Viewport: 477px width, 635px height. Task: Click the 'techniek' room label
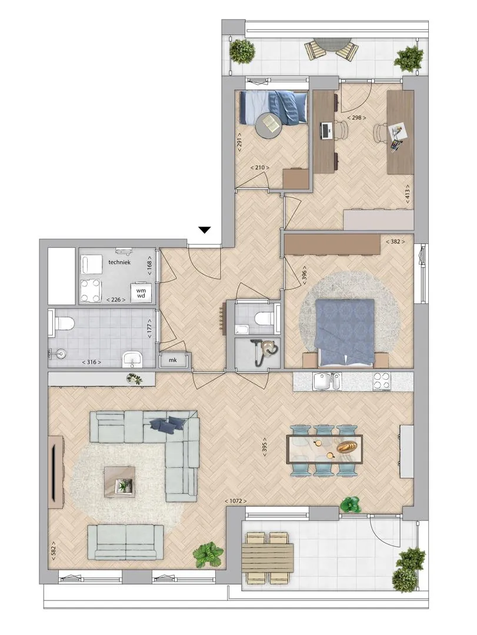click(x=119, y=262)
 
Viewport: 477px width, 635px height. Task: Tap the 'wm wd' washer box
click(x=141, y=292)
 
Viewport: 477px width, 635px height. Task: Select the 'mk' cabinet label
click(x=173, y=360)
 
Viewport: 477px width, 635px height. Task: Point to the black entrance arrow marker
click(x=205, y=230)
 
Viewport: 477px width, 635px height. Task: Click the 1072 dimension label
click(x=235, y=501)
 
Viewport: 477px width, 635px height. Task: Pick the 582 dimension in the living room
click(x=53, y=551)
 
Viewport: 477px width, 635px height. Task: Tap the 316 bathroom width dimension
click(x=92, y=362)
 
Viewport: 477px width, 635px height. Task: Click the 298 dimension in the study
click(x=356, y=118)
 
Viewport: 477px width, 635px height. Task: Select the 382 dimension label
click(x=395, y=242)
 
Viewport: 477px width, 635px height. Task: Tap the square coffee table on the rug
click(x=119, y=482)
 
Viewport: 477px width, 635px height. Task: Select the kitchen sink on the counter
click(x=326, y=381)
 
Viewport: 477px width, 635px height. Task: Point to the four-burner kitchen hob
click(x=381, y=381)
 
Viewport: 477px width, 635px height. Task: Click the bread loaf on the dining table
click(x=348, y=446)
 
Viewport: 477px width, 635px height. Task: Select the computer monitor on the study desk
click(x=324, y=131)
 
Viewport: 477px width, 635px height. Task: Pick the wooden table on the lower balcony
click(x=268, y=558)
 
